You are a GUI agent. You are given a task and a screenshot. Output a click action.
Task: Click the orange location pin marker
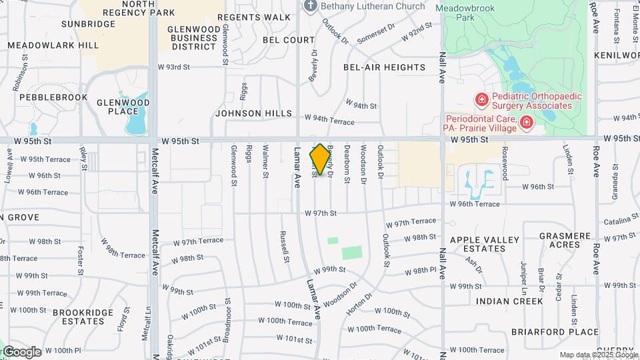320,159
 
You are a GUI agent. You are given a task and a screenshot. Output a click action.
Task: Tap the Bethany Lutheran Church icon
310,6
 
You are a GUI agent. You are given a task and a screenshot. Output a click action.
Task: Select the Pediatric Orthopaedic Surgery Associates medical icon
481,100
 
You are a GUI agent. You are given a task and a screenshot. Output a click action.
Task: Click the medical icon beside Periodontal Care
527,122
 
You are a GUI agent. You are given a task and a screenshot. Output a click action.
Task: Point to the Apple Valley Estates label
484,244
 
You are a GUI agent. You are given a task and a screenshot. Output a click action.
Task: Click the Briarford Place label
546,331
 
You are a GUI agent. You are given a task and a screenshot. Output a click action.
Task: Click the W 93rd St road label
174,67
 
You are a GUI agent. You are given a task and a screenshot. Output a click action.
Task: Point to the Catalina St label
621,220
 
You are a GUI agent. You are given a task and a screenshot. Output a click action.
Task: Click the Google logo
22,351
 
